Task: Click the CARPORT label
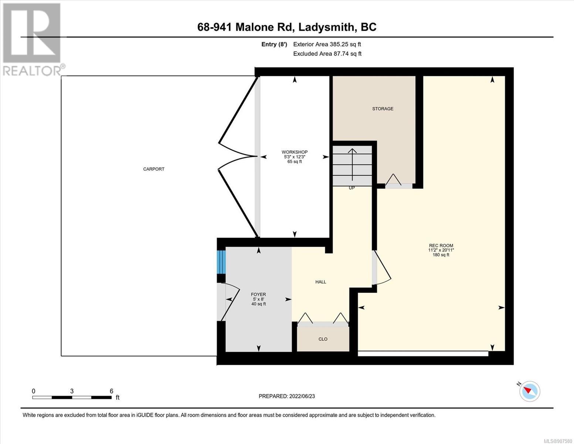coord(154,169)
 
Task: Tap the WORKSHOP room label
coord(294,152)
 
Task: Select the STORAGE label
coord(383,109)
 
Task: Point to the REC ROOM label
coord(441,245)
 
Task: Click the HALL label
coord(321,282)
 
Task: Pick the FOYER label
coord(258,294)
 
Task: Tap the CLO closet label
coord(323,339)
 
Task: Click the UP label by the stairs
coord(351,188)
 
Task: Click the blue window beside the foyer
coord(221,262)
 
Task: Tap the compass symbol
coord(529,391)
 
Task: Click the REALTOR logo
coord(33,40)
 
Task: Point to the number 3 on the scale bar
coord(72,391)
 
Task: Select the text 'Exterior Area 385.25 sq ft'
coord(327,44)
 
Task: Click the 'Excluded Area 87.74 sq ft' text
coord(327,54)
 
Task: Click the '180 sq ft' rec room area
coord(441,255)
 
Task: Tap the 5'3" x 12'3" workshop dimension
coord(295,157)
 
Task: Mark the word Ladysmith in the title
coord(326,27)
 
